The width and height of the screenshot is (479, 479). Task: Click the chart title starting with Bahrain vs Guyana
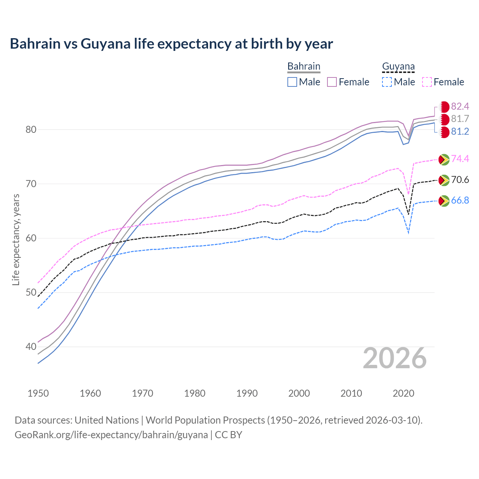pos(171,44)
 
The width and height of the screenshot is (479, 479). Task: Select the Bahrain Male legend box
pos(292,82)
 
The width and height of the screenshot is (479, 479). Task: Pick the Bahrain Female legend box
pos(332,82)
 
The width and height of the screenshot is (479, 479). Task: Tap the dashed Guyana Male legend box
pos(387,82)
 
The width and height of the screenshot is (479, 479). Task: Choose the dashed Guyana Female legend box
pos(427,82)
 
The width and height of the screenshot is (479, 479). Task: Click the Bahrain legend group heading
pos(304,66)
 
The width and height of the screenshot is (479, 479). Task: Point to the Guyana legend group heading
pos(398,66)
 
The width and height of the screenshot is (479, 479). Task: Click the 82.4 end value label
pos(460,107)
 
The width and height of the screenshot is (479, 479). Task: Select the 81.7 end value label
pos(460,119)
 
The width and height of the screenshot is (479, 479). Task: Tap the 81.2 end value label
pos(460,132)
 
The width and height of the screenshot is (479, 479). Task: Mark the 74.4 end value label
pos(460,159)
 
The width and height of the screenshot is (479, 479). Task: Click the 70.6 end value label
pos(460,180)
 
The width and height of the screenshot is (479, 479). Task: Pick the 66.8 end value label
pos(460,201)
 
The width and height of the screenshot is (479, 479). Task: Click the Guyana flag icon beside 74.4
pos(444,159)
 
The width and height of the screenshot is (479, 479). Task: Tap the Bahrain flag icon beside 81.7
pos(444,119)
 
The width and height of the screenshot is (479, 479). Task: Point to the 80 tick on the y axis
pos(31,129)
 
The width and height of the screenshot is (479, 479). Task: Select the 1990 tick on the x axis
pos(247,393)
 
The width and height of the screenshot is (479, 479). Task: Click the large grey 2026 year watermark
pos(395,358)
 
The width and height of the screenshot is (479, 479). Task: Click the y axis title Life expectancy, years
pos(16,239)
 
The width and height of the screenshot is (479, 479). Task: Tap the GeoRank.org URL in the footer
pos(111,435)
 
